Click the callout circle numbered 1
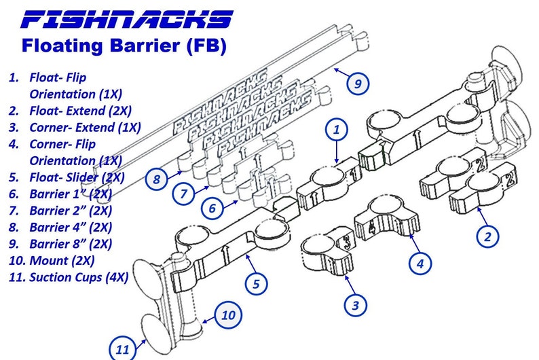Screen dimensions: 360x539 coord(337,127)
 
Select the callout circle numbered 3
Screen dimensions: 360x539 coord(354,305)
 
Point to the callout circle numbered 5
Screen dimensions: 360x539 coord(255,283)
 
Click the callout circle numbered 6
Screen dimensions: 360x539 coord(212,209)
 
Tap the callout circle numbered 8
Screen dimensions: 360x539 coord(156,180)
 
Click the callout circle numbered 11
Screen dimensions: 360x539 coord(122,349)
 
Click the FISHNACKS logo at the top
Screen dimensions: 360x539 coord(127,18)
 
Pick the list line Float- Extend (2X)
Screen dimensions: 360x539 coord(80,110)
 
